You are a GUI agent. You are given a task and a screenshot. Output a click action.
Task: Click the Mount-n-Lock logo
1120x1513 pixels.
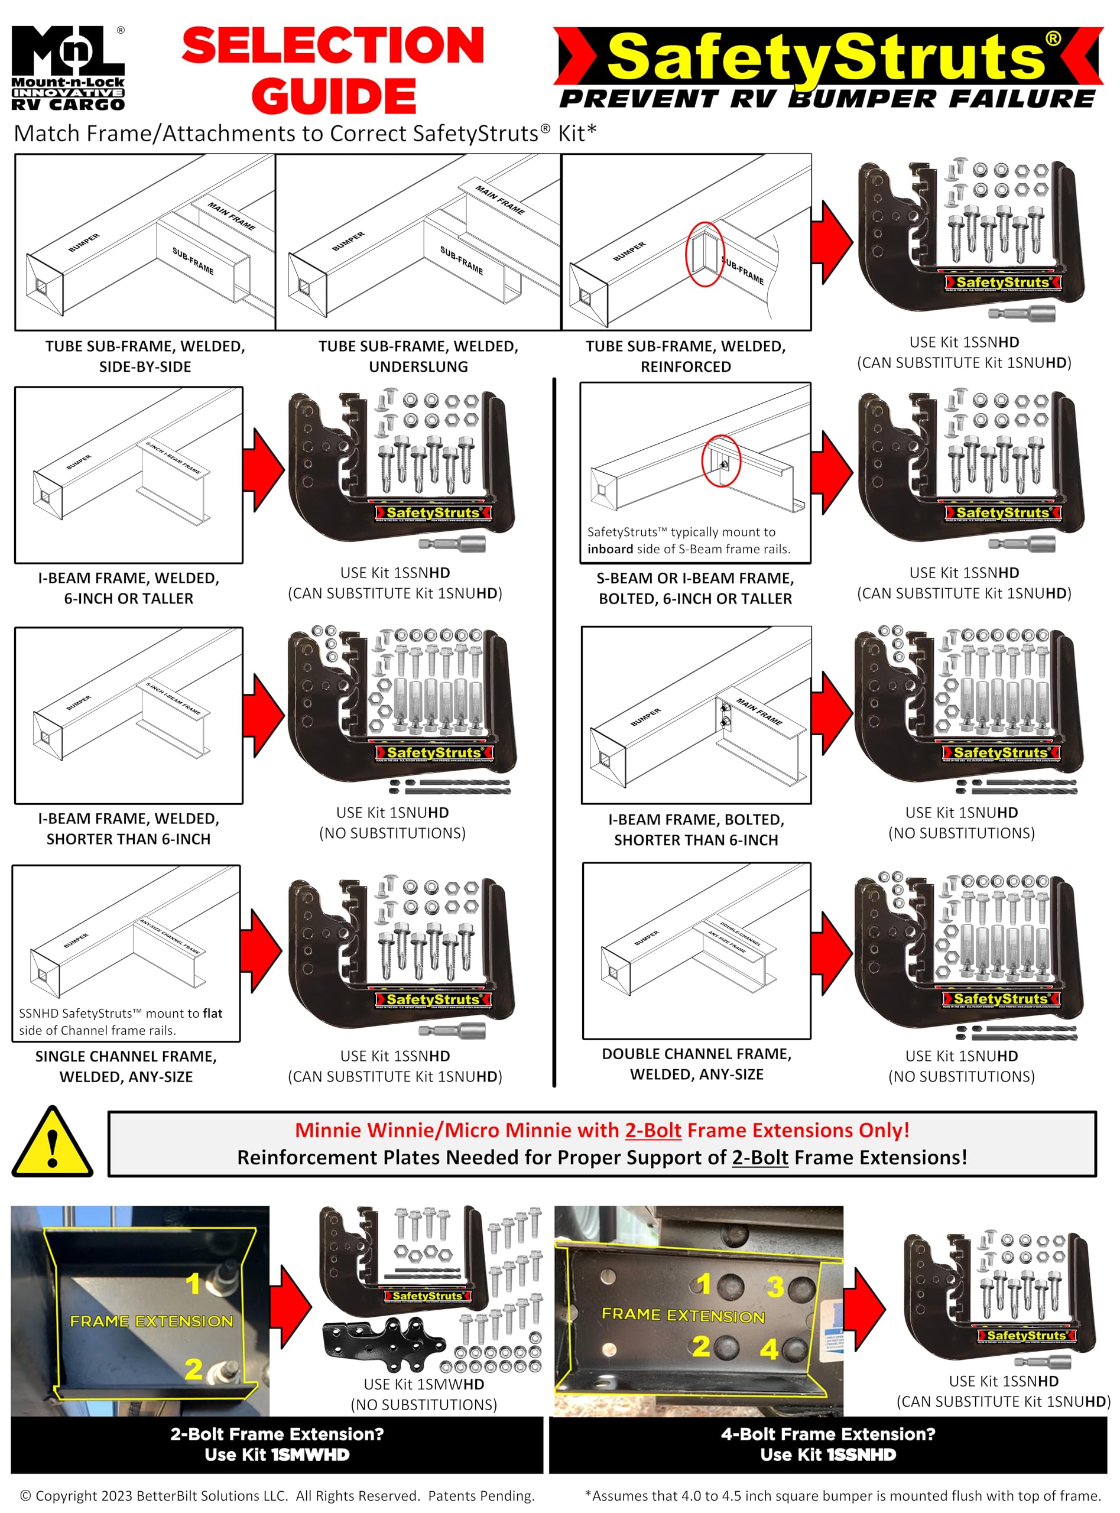click(x=68, y=68)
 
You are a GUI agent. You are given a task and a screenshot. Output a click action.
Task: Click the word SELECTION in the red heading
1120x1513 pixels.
click(x=333, y=46)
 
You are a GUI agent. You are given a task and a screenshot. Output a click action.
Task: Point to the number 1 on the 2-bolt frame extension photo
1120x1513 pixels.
click(x=194, y=1284)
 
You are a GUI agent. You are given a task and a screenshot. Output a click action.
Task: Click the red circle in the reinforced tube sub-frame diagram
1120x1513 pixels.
click(x=705, y=254)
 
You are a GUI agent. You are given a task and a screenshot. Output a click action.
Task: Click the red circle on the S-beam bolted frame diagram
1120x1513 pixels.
click(x=720, y=461)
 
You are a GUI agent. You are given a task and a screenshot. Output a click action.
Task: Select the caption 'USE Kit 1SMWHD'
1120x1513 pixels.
click(x=424, y=1384)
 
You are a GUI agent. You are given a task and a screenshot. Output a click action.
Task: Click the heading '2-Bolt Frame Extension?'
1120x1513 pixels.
click(x=277, y=1434)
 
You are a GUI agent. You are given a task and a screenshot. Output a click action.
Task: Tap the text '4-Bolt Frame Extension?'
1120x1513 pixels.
click(x=828, y=1434)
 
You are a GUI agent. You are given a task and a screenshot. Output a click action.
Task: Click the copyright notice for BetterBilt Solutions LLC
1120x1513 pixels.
click(x=277, y=1495)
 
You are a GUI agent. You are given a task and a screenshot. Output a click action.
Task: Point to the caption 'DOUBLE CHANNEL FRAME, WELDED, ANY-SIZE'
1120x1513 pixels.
click(x=696, y=1064)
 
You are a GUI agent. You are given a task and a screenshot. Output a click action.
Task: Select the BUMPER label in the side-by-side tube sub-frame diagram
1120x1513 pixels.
click(x=84, y=243)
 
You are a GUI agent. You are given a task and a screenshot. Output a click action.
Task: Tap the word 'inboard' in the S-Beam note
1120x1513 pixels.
click(x=610, y=549)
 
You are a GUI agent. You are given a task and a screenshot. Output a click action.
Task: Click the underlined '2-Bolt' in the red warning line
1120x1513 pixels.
click(x=653, y=1130)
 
